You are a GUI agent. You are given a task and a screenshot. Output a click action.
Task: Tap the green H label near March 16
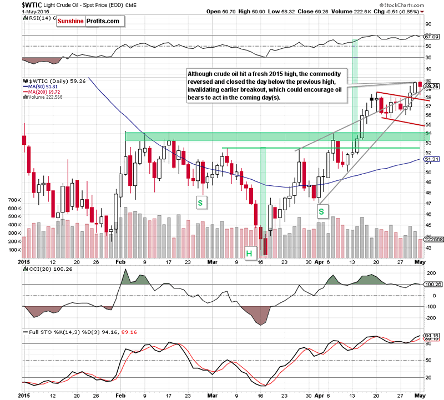tap(249, 254)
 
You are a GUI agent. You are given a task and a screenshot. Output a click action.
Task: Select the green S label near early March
tap(200, 203)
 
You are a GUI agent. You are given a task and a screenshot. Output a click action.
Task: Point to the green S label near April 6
tap(321, 211)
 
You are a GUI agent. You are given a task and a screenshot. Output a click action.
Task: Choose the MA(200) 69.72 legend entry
tap(46, 92)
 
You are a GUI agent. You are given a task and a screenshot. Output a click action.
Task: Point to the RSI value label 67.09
tap(431, 37)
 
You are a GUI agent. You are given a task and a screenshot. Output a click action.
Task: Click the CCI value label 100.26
tap(431, 285)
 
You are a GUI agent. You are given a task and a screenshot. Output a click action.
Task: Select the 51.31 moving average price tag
tap(431, 159)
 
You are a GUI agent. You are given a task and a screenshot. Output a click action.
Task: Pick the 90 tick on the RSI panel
tap(428, 24)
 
